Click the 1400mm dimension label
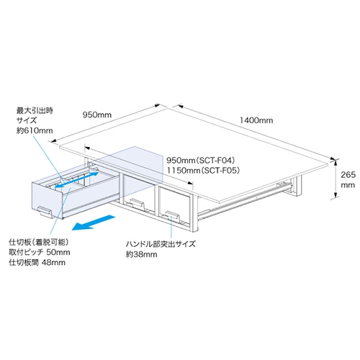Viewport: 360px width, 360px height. (256, 120)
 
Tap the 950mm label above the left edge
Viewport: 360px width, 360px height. (97, 114)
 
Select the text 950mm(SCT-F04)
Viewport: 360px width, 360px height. (201, 160)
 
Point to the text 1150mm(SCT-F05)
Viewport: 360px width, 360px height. (203, 171)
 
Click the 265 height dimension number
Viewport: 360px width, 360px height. (348, 175)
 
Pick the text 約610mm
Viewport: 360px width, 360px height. (35, 131)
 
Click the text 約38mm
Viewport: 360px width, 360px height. (142, 254)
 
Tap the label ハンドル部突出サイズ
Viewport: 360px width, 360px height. (161, 244)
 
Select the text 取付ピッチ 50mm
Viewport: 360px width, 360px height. (40, 252)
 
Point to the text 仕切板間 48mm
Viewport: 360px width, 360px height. (37, 262)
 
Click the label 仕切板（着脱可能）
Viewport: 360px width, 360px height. (39, 242)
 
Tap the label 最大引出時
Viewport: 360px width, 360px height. (35, 111)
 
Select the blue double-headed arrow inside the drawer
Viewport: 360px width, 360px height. (77, 179)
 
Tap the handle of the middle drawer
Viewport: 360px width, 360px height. (137, 204)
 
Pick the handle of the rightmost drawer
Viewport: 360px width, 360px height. (173, 216)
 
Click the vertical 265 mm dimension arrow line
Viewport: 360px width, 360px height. (336, 179)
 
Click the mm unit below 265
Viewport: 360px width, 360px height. (348, 185)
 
